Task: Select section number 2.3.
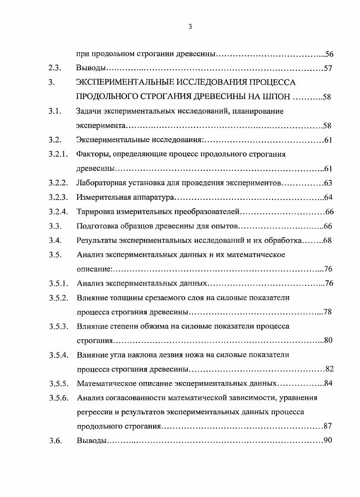[x=55, y=69]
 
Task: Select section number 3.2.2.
[x=58, y=183]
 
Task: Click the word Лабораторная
[x=102, y=183]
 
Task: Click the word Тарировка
[x=96, y=212]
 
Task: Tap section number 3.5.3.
[x=58, y=326]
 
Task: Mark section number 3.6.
[x=55, y=441]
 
